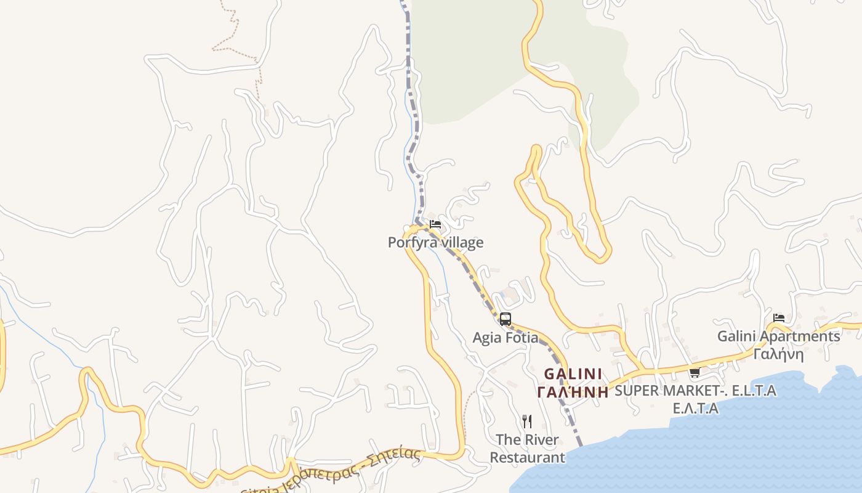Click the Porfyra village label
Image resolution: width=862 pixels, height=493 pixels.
[435, 243]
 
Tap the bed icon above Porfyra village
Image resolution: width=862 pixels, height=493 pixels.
[435, 224]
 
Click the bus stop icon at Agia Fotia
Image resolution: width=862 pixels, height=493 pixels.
[506, 319]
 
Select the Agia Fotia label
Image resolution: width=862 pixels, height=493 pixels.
[505, 338]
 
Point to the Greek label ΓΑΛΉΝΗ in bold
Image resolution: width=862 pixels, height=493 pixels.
[573, 392]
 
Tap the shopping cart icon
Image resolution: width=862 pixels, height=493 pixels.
[695, 372]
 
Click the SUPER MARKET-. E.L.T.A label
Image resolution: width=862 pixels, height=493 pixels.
[695, 391]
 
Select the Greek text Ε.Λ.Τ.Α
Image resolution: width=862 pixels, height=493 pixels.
[695, 409]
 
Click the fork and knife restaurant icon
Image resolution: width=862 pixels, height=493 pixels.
[527, 422]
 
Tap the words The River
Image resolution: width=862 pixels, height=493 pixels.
[527, 440]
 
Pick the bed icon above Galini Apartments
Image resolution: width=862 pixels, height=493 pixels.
[779, 318]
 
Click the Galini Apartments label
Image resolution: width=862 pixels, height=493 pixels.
[778, 336]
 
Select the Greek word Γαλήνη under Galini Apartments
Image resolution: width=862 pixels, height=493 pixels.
[778, 354]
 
